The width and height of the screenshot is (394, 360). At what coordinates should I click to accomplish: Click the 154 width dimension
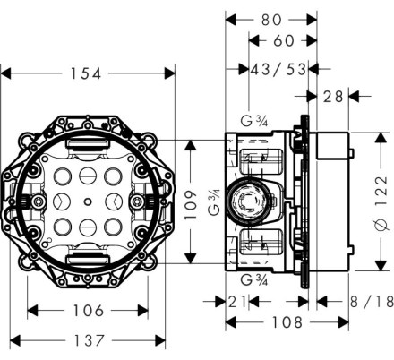tap(86, 73)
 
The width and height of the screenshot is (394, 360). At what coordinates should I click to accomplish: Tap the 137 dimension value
tap(90, 340)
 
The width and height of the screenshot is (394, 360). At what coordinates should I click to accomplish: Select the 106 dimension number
tap(89, 311)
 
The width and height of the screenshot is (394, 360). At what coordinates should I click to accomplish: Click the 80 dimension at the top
tap(271, 21)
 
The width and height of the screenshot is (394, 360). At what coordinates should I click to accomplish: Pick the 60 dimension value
tap(284, 40)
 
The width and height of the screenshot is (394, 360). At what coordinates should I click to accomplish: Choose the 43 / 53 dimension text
tap(278, 69)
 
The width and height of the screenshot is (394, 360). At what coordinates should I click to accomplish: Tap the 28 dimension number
tap(333, 97)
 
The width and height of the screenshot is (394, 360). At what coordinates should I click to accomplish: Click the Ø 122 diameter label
tap(381, 203)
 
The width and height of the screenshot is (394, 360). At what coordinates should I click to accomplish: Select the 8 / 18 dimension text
tap(372, 302)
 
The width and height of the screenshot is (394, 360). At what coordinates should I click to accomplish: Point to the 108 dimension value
tap(287, 322)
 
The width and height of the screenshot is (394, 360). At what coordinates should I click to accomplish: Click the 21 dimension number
tap(237, 302)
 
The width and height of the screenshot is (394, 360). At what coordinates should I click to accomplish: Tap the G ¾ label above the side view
tap(254, 121)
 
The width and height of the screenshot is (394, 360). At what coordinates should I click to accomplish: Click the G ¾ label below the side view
tap(254, 280)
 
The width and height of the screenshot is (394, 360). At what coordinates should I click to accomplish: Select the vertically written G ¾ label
tap(214, 202)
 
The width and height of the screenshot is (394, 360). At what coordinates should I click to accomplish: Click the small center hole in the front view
tap(88, 201)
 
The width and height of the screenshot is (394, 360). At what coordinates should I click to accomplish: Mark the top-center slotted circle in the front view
tap(88, 176)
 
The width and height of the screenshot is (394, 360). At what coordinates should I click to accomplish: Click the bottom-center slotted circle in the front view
tap(88, 227)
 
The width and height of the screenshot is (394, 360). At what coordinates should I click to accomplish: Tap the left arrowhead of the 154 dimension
tap(5, 73)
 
